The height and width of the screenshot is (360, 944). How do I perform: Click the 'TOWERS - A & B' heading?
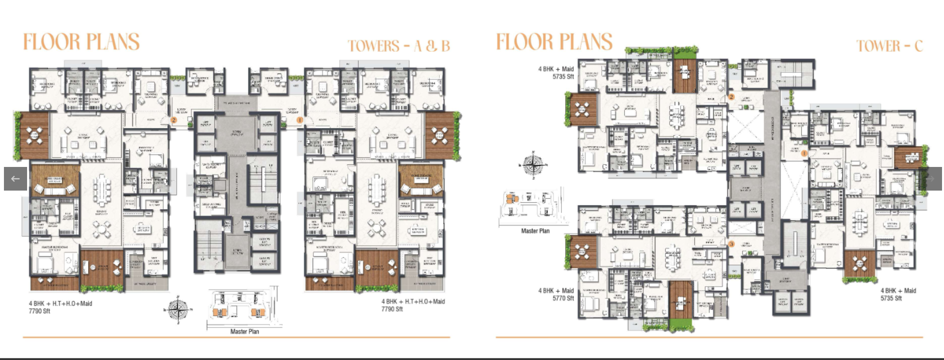pyautogui.click(x=399, y=46)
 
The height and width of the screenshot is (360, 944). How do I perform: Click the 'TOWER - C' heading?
pyautogui.click(x=889, y=46)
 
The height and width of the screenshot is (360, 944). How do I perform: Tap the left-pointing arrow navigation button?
pyautogui.click(x=15, y=179)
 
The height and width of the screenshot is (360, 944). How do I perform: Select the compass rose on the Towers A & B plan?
pyautogui.click(x=177, y=310)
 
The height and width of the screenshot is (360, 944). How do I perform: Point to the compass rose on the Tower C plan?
pyautogui.click(x=532, y=164)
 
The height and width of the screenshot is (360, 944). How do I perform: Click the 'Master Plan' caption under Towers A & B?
pyautogui.click(x=244, y=331)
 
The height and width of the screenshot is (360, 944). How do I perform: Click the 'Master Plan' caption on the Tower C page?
pyautogui.click(x=535, y=231)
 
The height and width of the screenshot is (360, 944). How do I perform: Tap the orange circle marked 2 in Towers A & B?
pyautogui.click(x=174, y=120)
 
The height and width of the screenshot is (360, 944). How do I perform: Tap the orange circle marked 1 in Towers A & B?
pyautogui.click(x=299, y=120)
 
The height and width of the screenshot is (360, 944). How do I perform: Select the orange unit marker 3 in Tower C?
pyautogui.click(x=731, y=244)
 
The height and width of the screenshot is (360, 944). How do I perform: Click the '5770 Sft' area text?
pyautogui.click(x=563, y=298)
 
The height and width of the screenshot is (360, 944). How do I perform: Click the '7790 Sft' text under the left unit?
pyautogui.click(x=39, y=311)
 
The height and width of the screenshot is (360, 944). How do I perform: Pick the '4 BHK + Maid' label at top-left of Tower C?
pyautogui.click(x=556, y=69)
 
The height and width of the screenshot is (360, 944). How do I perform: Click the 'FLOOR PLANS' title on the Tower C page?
pyautogui.click(x=554, y=42)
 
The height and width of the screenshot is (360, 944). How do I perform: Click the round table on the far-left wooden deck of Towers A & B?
pyautogui.click(x=34, y=135)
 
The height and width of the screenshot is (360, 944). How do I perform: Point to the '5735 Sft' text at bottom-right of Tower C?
pyautogui.click(x=891, y=298)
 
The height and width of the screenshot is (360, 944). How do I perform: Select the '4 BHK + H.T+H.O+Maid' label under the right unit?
pyautogui.click(x=413, y=302)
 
